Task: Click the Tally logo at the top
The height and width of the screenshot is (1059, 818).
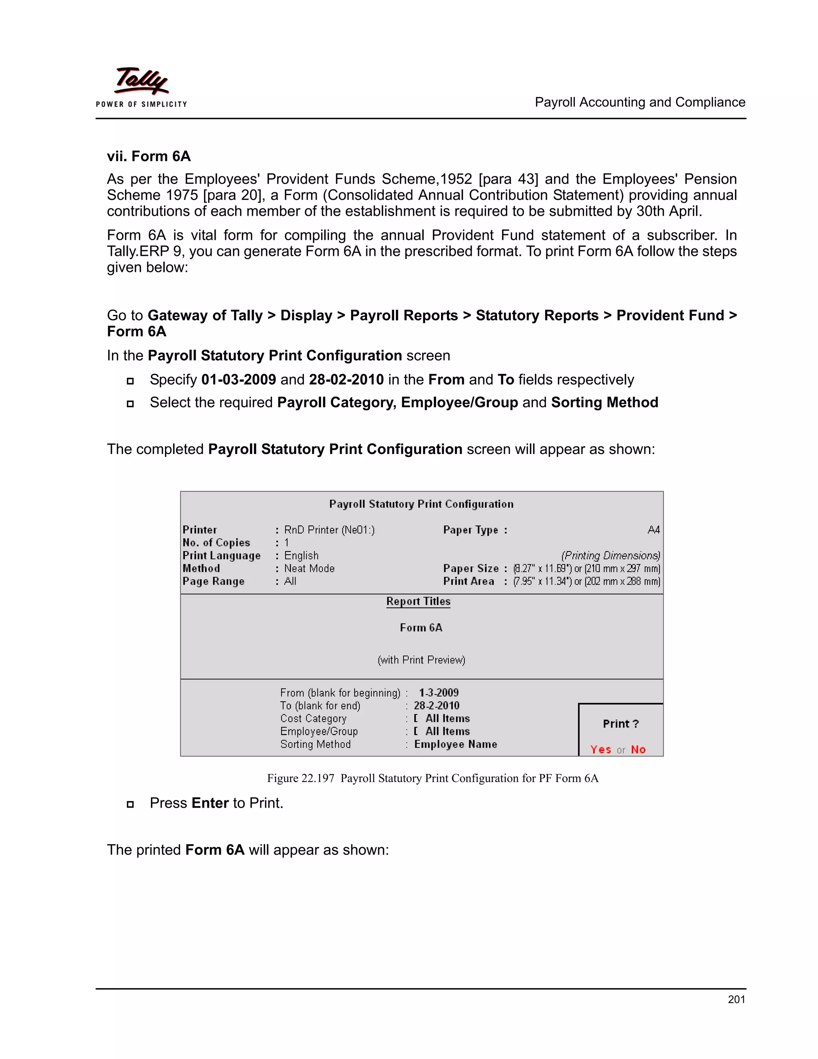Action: pos(141,82)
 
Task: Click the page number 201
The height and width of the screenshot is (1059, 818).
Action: pos(736,999)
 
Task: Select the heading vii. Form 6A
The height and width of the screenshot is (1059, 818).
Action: pos(149,156)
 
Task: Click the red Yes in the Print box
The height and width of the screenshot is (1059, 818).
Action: pos(600,750)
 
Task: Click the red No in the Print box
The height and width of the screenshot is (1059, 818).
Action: pos(638,750)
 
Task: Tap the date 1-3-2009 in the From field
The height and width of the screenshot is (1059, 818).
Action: pos(439,693)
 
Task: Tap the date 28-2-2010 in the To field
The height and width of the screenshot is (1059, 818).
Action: pos(436,705)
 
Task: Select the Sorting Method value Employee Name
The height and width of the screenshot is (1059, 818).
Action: pos(455,744)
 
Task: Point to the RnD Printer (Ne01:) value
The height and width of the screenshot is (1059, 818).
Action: pos(329,529)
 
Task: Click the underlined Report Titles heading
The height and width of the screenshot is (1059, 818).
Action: pos(418,601)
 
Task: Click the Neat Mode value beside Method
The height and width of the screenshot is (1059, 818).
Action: pos(309,568)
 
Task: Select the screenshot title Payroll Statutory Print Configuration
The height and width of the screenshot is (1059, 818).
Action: pos(421,504)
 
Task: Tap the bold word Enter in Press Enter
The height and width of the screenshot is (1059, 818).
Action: pos(210,803)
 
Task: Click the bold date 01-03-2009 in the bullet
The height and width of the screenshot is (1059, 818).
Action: pos(238,380)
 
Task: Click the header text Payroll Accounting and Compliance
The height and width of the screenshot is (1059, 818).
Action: pos(640,102)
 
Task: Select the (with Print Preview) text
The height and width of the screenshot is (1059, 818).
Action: pos(421,660)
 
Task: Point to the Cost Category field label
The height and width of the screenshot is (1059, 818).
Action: pos(313,719)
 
